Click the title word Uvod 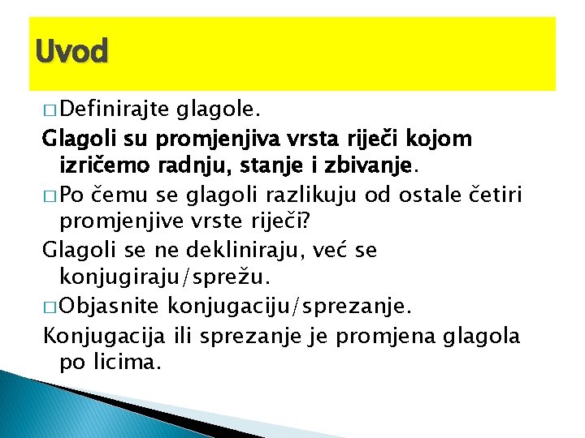coord(71,52)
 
